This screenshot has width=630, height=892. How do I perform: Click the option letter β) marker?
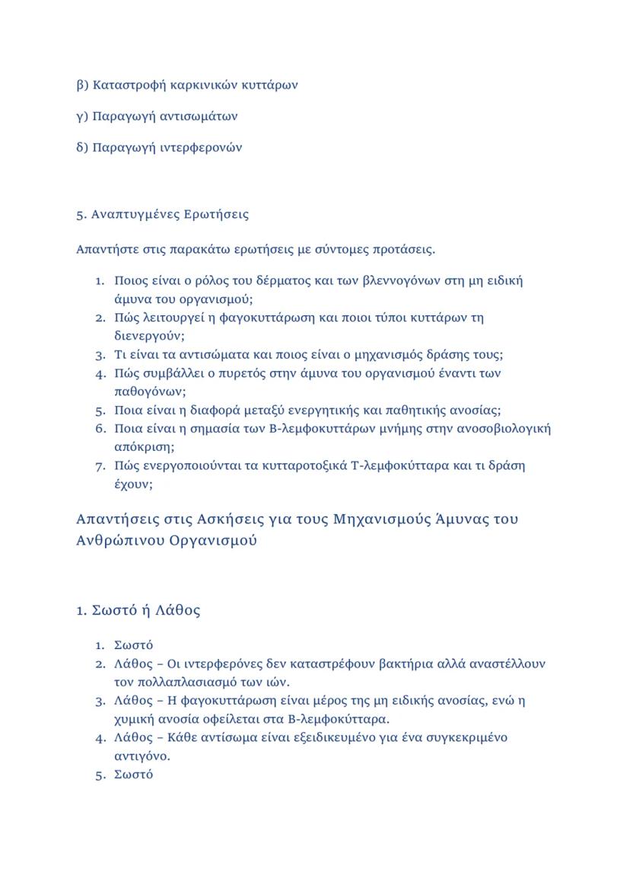[x=82, y=85]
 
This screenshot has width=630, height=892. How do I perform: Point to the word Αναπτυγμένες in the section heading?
[x=135, y=215]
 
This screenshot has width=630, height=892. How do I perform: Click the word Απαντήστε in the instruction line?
[x=104, y=249]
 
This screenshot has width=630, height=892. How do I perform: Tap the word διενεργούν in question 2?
[x=144, y=335]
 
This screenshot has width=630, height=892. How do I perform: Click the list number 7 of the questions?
[x=99, y=465]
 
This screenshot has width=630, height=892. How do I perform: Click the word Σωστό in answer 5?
[x=133, y=775]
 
